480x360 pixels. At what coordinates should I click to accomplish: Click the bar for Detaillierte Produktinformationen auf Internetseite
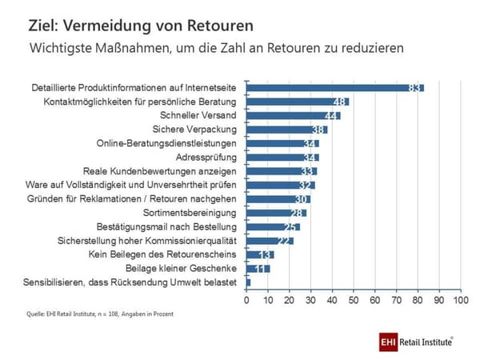(x=334, y=87)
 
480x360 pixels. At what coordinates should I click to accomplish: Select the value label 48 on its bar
(x=339, y=102)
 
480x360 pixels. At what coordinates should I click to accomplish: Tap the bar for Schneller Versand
(x=293, y=115)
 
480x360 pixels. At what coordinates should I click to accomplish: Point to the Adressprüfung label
(x=207, y=157)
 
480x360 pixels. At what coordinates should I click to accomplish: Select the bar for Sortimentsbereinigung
(x=276, y=213)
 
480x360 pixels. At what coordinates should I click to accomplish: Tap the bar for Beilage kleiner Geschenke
(x=258, y=268)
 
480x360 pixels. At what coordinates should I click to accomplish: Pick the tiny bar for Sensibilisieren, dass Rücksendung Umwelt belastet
(x=248, y=282)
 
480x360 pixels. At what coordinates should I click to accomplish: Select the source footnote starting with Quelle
(x=100, y=314)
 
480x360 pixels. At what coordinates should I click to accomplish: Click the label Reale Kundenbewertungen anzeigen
(x=160, y=170)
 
